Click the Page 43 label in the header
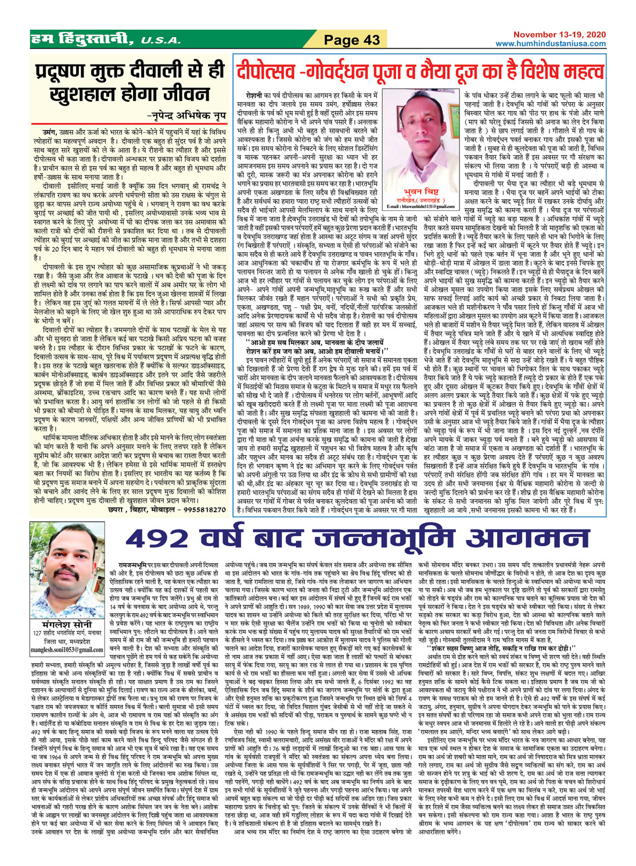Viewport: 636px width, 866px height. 352,40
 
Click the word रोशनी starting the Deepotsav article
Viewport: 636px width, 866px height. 254,94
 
